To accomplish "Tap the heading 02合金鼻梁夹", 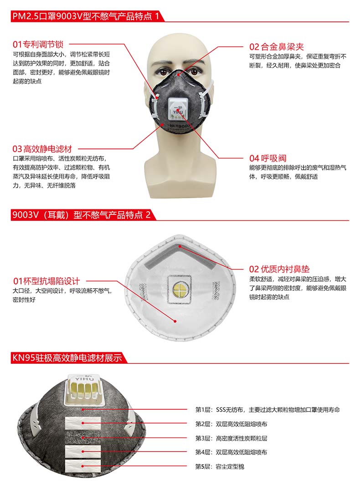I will [276, 46].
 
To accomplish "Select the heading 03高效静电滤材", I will [42, 149].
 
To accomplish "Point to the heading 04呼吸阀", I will [267, 158].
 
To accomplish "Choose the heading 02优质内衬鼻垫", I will [279, 269].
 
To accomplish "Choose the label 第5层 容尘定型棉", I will [220, 466].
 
